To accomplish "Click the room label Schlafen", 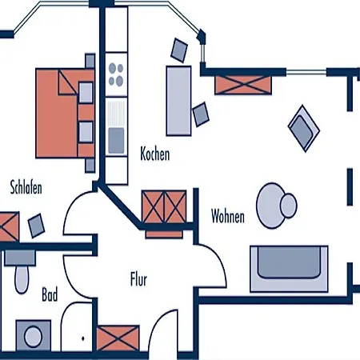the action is (26, 187).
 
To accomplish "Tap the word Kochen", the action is (155, 154).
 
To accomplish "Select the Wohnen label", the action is (228, 216).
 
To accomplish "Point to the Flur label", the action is (138, 279).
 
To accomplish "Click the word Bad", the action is (50, 294).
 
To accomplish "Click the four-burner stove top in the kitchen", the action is (116, 74).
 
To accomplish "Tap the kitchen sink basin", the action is (116, 141).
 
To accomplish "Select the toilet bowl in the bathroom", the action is (22, 279).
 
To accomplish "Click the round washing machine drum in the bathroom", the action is (34, 337).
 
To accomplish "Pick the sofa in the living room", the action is (289, 269).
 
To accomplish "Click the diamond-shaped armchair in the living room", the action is (304, 129).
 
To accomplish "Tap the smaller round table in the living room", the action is (289, 206).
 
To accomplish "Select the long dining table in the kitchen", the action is (178, 101).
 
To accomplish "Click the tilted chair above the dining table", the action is (179, 50).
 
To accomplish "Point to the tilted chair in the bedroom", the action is (36, 226).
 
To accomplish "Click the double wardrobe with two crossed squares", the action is (164, 206).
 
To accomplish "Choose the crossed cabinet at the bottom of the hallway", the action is (118, 338).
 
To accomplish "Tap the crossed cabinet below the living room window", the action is (243, 85).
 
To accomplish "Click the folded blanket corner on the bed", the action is (68, 82).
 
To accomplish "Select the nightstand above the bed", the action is (90, 61).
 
